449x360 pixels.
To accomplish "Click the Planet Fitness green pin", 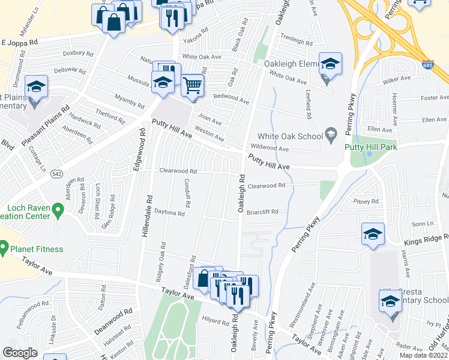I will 4,247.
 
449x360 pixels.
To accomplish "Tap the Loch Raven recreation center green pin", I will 58,211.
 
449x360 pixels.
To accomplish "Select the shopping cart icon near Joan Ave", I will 192,85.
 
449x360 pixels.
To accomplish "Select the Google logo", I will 20,353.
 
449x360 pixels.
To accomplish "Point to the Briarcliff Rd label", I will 262,211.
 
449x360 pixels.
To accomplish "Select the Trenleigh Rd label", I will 296,43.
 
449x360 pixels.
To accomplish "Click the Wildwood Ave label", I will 270,148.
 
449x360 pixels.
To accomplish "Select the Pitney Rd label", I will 366,202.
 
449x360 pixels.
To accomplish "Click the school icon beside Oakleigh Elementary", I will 330,64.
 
